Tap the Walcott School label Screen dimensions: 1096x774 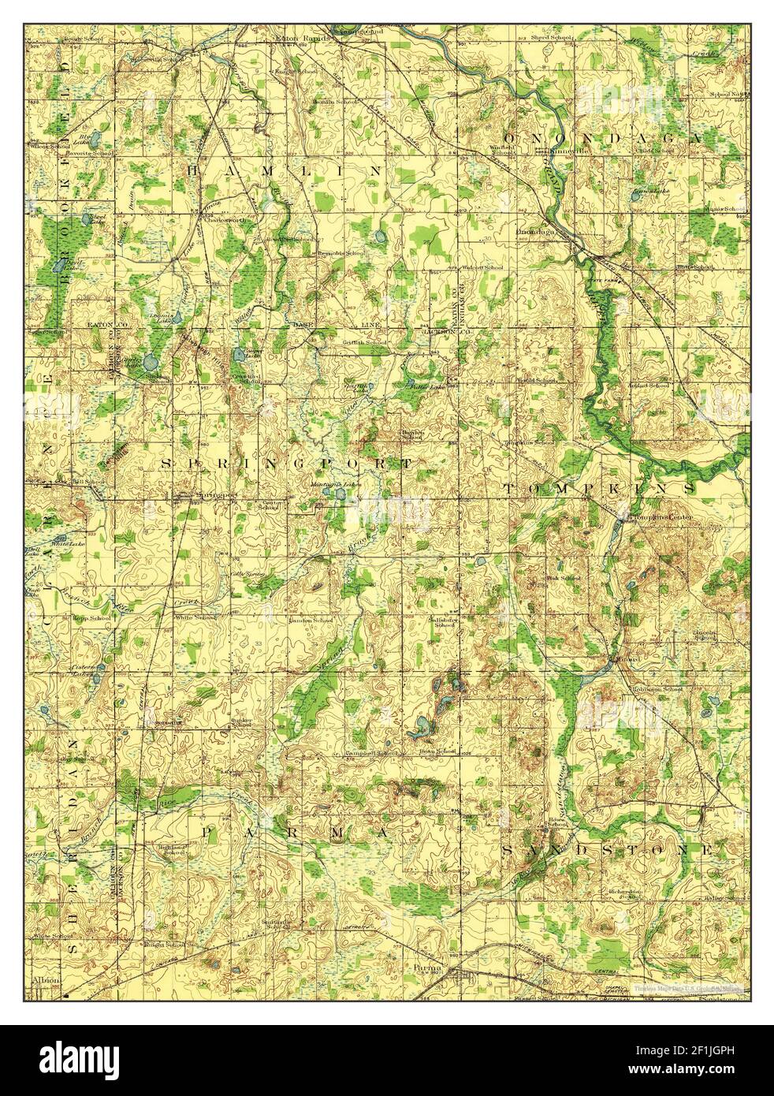[482, 268]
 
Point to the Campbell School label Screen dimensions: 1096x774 [370, 753]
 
